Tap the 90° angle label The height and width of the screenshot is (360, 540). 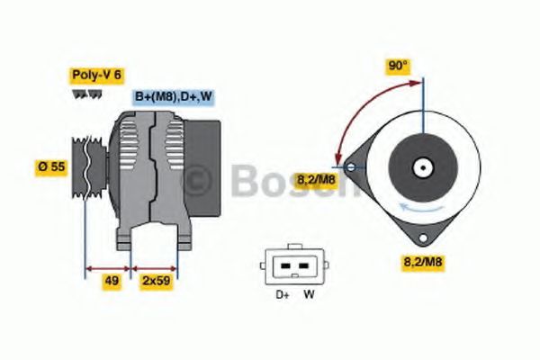tap(398, 66)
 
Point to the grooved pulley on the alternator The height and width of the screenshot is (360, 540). tap(87, 167)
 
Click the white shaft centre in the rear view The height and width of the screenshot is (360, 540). tap(421, 167)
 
